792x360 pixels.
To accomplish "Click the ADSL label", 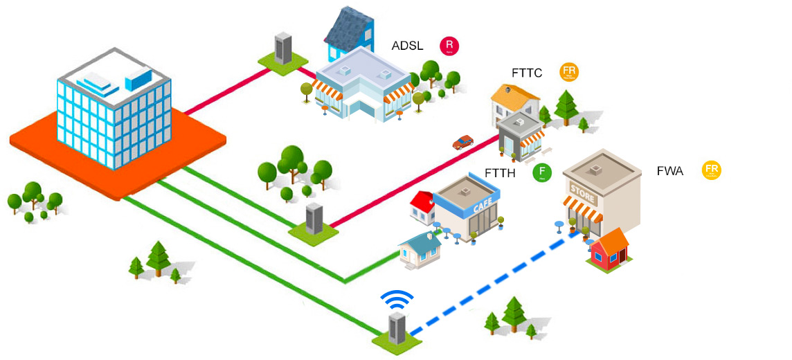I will pyautogui.click(x=407, y=46).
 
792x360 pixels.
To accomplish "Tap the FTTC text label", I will pyautogui.click(x=527, y=73).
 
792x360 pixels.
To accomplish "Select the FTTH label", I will pyautogui.click(x=500, y=174).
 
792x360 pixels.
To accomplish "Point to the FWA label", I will pyautogui.click(x=669, y=170).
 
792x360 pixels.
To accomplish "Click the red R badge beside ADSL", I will pyautogui.click(x=449, y=46).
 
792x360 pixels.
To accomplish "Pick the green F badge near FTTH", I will pyautogui.click(x=542, y=172).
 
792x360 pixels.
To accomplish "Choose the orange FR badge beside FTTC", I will pyautogui.click(x=570, y=72).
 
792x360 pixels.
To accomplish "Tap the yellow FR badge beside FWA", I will pyautogui.click(x=711, y=170).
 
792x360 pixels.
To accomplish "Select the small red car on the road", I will pyautogui.click(x=462, y=142).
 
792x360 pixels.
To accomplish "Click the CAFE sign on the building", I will pyautogui.click(x=482, y=206).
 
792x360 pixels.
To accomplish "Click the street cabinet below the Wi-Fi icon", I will pyautogui.click(x=396, y=330).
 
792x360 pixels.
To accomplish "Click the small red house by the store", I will pyautogui.click(x=609, y=250).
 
